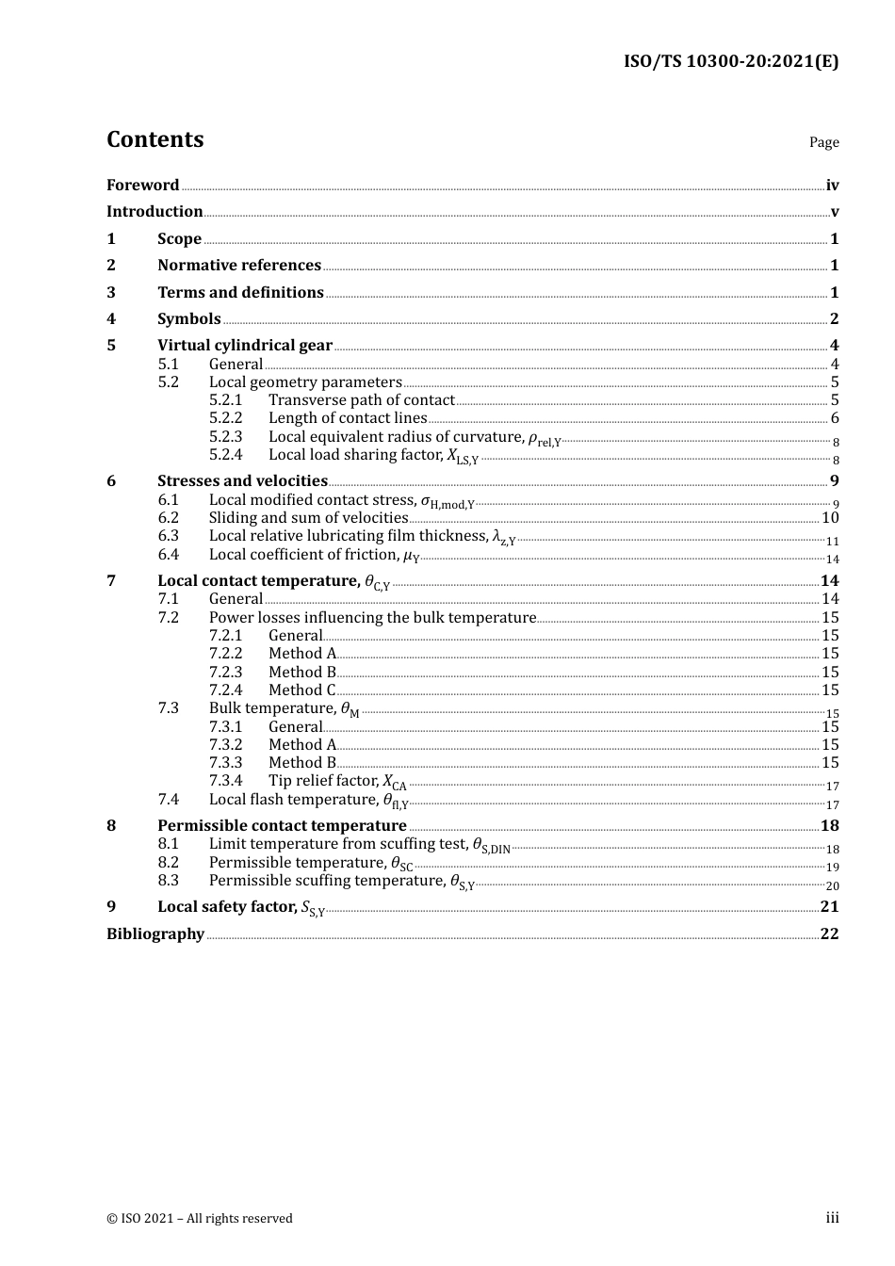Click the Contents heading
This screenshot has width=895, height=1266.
click(x=155, y=139)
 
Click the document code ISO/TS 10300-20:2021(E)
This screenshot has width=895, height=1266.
click(x=730, y=61)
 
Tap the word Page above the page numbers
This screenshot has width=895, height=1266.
click(x=823, y=142)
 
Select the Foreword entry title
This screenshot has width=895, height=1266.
click(x=142, y=185)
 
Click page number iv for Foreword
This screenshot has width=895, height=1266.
click(x=832, y=186)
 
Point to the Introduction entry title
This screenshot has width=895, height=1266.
click(x=155, y=211)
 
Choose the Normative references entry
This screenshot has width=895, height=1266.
click(x=239, y=265)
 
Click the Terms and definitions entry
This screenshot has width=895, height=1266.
click(x=240, y=292)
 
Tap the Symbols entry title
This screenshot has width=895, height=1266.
click(x=189, y=318)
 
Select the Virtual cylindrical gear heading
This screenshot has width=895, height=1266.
click(x=245, y=345)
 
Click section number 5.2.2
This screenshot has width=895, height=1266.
click(x=225, y=417)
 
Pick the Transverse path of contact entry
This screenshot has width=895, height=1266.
click(x=361, y=399)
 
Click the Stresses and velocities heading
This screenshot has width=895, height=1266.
click(x=242, y=480)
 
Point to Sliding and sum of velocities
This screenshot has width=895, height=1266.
click(x=308, y=517)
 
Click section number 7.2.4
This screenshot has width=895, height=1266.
click(x=225, y=690)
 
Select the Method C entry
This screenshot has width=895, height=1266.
click(x=301, y=690)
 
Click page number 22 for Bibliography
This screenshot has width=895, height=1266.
click(x=829, y=933)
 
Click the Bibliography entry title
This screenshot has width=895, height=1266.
click(x=155, y=933)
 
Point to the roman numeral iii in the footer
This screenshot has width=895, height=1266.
click(x=832, y=1218)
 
